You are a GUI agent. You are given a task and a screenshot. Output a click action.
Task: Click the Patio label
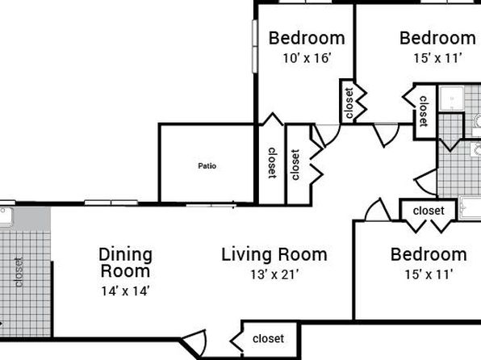coord(207,166)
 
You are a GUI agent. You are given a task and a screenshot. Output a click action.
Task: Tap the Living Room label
coord(274,255)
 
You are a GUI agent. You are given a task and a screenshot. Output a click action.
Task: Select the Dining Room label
coord(125,262)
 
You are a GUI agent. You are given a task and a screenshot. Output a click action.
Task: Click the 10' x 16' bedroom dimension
coord(307,58)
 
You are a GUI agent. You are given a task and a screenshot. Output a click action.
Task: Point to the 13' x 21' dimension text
coord(274,274)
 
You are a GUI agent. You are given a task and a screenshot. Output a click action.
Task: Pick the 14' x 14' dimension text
coord(125,291)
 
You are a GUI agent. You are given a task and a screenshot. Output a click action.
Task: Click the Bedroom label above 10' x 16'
coord(307,39)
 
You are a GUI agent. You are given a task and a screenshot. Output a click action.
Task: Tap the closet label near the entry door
coord(268,338)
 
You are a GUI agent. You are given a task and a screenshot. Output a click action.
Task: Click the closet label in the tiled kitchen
coord(19,272)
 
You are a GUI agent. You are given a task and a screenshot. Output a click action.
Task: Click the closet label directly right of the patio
coord(272,163)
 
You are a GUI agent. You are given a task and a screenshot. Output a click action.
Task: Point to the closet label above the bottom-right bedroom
coord(429,211)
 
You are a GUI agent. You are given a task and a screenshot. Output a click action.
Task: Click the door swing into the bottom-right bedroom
coord(379,210)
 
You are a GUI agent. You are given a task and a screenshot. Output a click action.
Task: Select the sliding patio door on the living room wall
coord(211,204)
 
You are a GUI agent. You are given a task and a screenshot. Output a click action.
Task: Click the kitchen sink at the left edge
coord(6,216)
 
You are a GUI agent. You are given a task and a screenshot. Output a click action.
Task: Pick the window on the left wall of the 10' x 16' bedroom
coord(254,46)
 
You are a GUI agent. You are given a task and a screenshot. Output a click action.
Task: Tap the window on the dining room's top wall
coord(111,203)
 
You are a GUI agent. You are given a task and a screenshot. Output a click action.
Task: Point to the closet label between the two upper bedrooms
coord(349,103)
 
